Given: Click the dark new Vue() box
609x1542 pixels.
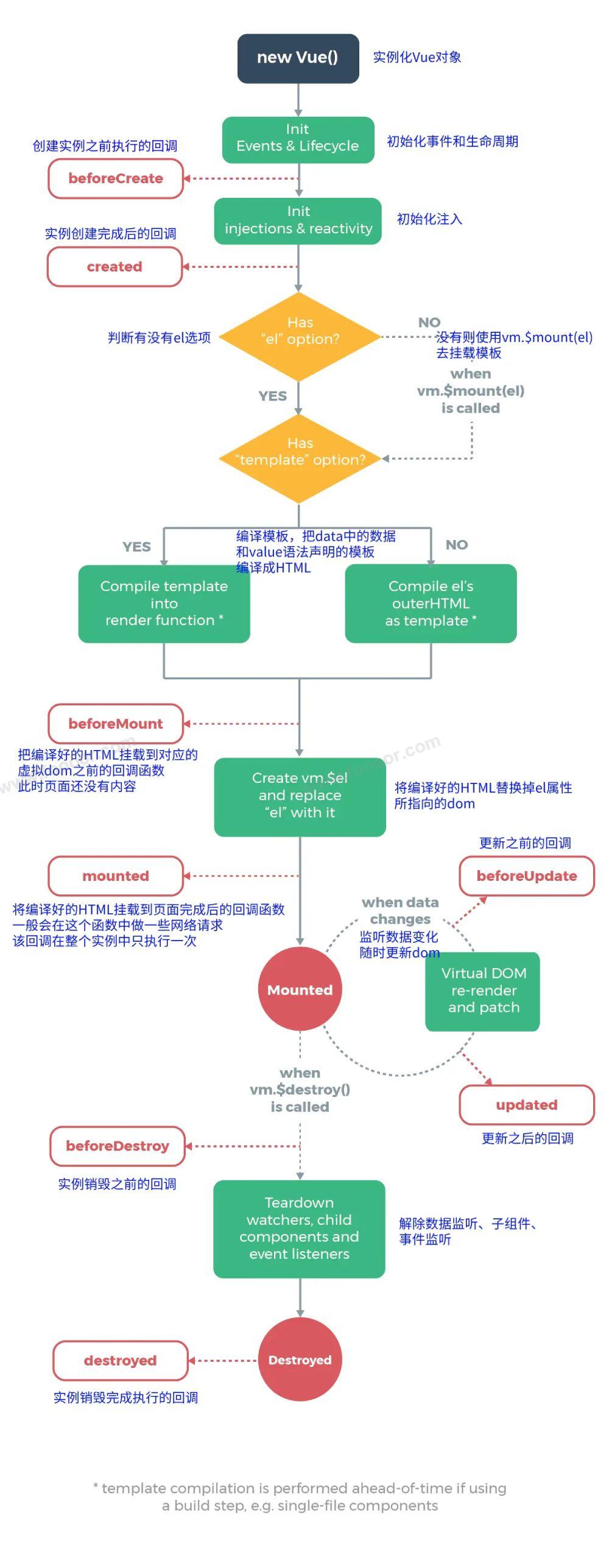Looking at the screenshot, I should [x=298, y=58].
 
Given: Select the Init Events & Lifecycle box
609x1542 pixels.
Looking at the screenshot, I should [x=298, y=140].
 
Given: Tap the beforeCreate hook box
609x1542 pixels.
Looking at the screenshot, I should [x=116, y=178].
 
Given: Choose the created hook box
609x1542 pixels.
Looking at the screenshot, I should [x=114, y=267].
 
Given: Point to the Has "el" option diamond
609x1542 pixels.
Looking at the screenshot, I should [x=299, y=336].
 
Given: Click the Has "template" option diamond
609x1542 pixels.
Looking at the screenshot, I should [x=299, y=458].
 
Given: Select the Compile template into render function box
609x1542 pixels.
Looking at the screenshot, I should [x=164, y=603].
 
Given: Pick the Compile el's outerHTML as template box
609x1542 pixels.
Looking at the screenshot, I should [x=431, y=603].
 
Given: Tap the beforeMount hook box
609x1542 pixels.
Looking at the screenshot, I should [x=116, y=724].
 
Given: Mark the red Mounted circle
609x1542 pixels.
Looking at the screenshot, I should [x=300, y=989].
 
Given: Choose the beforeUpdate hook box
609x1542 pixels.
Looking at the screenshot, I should [x=527, y=876].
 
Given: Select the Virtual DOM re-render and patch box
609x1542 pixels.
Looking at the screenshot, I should [x=482, y=991].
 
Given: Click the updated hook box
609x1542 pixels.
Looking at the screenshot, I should [x=527, y=1105].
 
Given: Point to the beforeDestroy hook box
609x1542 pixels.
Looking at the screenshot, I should [x=117, y=1146].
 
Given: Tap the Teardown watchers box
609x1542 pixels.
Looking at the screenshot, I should [x=299, y=1228].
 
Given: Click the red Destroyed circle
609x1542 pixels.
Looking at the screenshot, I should [x=300, y=1360].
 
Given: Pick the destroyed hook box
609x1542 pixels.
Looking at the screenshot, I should [x=120, y=1361].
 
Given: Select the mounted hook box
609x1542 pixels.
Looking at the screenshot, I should [x=116, y=876].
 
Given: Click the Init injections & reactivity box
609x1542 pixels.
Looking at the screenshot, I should [x=298, y=221].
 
